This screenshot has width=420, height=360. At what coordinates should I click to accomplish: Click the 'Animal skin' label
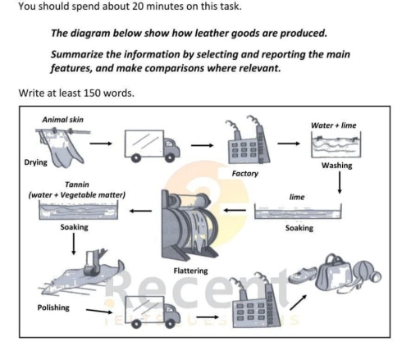coord(62,120)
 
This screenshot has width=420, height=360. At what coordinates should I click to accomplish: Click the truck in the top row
coord(152,145)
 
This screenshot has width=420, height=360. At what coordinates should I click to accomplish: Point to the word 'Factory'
coord(244,174)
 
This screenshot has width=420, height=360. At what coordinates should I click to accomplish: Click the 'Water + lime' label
coord(334,125)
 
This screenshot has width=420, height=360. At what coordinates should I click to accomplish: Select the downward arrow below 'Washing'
coord(340,185)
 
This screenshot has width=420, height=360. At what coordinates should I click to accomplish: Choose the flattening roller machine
coord(189,221)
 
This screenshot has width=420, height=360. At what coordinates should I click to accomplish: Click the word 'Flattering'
coord(190,270)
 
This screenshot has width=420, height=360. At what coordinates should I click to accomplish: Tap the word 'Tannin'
coord(76,185)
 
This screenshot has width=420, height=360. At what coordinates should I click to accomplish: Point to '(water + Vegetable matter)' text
coord(75,195)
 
